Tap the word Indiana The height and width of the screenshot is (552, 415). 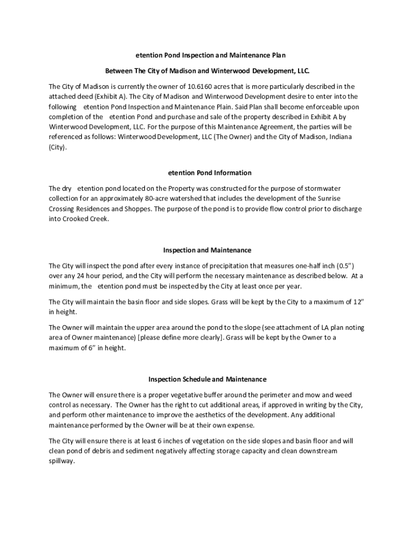point(337,137)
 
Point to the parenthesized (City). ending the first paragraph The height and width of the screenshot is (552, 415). point(59,147)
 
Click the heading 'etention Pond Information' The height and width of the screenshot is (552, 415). point(210,173)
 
